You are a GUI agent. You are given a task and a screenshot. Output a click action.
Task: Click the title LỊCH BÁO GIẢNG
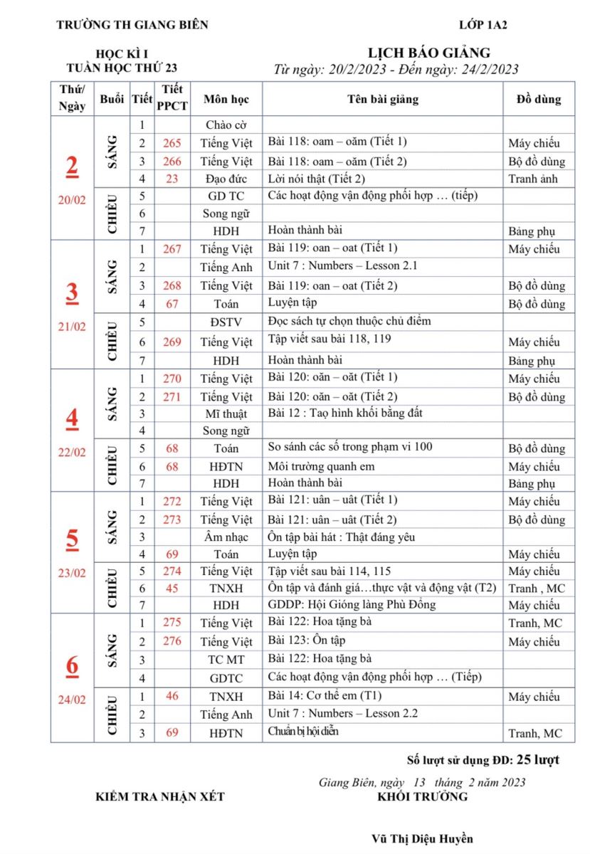(x=428, y=53)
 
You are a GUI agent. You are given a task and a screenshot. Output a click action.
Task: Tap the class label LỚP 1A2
(x=483, y=25)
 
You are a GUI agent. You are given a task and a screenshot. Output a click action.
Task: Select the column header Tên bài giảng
(x=383, y=99)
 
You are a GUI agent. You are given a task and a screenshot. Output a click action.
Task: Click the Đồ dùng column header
(x=539, y=99)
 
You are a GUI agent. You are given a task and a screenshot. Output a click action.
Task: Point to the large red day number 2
(x=72, y=166)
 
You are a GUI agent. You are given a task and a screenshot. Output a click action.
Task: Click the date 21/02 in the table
(x=72, y=327)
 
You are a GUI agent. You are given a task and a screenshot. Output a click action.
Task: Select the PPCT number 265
(x=172, y=143)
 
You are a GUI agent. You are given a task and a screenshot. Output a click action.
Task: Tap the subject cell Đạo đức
(x=226, y=179)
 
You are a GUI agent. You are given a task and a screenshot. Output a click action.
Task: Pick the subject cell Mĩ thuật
(x=226, y=413)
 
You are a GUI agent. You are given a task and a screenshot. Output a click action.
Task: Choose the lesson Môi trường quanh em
(x=321, y=466)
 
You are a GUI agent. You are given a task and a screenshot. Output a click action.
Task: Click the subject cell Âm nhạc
(x=226, y=537)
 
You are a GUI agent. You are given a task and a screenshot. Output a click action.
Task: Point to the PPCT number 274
(x=172, y=571)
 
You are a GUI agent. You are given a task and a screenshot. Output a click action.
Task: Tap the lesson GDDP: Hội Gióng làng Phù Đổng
(x=352, y=605)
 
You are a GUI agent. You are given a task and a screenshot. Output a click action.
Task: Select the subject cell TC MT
(x=226, y=659)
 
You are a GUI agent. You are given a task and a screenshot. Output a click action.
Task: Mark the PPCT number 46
(x=172, y=696)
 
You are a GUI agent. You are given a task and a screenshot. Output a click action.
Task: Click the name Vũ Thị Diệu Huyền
(x=423, y=838)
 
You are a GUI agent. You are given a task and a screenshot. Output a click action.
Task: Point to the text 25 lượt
(x=537, y=759)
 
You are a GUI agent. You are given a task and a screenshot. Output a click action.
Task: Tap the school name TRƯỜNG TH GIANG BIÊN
(x=132, y=25)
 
